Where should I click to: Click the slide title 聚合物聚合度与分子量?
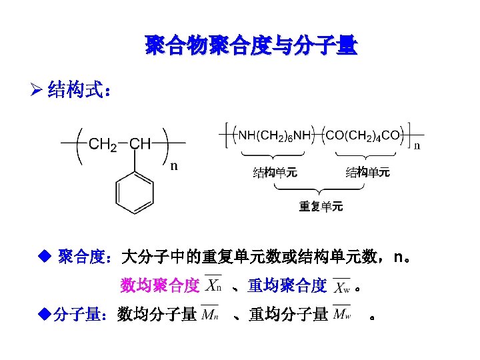coord(251,46)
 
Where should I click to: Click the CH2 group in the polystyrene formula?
coord(103,143)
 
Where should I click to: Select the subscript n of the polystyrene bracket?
coord(173,167)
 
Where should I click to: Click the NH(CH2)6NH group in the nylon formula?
coord(275,135)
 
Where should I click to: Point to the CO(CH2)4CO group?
coord(363,135)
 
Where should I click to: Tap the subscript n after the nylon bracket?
coord(418,145)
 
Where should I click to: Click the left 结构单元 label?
coord(275,173)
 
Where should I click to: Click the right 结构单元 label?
coord(367,173)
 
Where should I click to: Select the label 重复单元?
coord(321,207)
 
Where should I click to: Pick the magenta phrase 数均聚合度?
coord(160,286)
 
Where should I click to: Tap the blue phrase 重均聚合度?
coord(287,286)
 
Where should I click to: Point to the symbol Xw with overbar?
coord(341,287)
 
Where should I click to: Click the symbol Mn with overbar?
coord(210,313)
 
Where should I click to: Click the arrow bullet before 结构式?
coord(38,91)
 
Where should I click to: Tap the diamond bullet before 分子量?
coord(45,313)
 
